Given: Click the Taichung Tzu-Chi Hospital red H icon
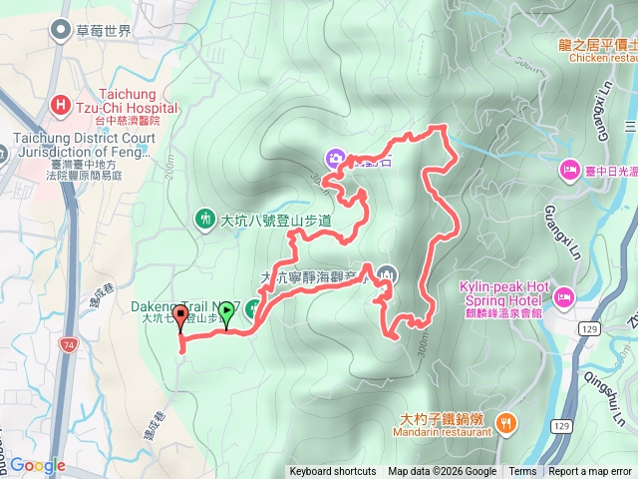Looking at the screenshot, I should (62, 103).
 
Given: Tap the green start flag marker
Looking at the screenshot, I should (226, 311).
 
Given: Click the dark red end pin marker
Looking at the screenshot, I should (180, 318).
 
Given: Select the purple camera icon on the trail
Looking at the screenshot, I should (335, 157).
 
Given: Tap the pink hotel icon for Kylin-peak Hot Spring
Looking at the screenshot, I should (563, 296).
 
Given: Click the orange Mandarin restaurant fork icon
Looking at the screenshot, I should (505, 423).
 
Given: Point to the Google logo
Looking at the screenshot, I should (37, 465).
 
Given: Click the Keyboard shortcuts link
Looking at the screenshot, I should (333, 472).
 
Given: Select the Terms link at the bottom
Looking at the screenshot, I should (522, 472).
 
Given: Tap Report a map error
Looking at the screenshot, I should (590, 472).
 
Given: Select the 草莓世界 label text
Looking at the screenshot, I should (103, 31).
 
